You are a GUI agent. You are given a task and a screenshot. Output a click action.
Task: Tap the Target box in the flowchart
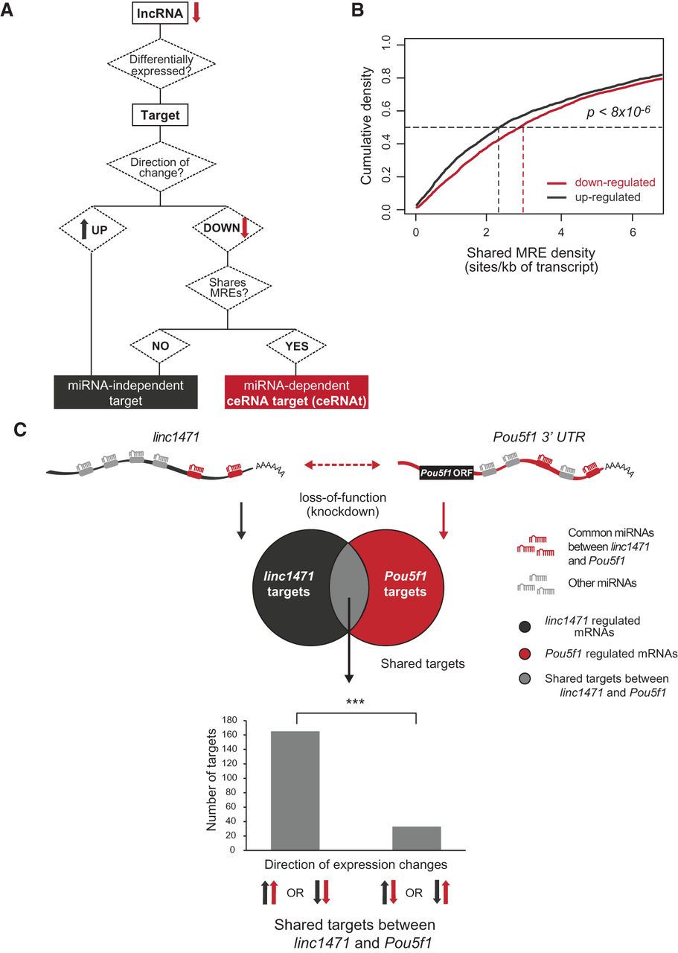pos(161,116)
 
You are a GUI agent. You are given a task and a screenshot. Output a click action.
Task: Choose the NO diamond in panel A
pos(161,346)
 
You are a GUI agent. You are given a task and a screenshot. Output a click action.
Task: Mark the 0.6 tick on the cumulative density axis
pos(386,112)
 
